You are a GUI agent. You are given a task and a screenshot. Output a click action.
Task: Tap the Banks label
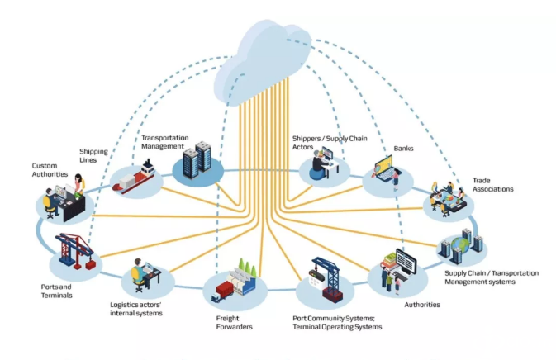(404, 149)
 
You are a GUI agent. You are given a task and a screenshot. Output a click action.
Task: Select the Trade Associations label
(492, 184)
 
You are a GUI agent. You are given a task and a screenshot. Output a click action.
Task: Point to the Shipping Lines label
(93, 155)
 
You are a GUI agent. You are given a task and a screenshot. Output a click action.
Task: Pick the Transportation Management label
(165, 141)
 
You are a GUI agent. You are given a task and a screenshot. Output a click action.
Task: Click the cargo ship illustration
(135, 179)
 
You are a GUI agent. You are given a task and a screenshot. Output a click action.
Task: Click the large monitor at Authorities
(407, 263)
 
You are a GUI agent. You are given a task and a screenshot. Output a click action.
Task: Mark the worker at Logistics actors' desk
(137, 273)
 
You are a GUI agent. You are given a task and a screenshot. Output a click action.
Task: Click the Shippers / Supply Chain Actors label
(329, 142)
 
